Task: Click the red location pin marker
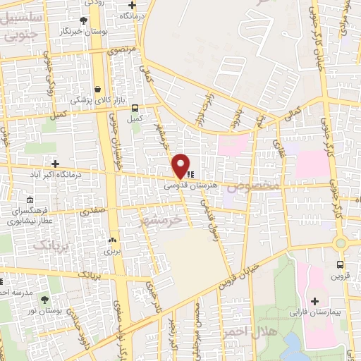(181, 165)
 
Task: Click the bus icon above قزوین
(341, 265)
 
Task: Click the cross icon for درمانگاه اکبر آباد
(54, 164)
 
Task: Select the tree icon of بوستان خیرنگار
(84, 20)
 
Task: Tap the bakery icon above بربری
(113, 240)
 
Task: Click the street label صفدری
(92, 210)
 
